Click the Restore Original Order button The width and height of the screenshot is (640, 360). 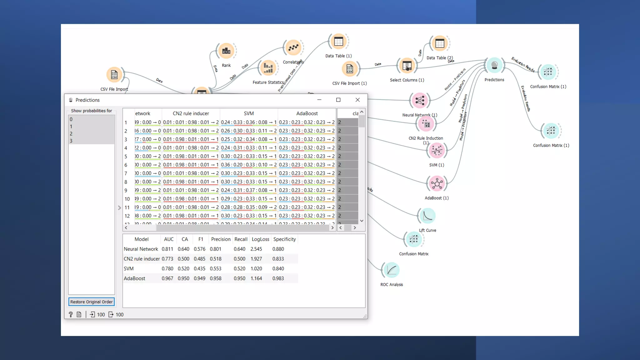[x=91, y=302]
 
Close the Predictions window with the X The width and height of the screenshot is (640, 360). [x=357, y=100]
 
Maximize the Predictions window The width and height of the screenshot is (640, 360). [x=338, y=100]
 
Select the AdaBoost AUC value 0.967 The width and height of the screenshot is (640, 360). [x=167, y=278]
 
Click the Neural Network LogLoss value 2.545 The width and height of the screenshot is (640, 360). [x=256, y=249]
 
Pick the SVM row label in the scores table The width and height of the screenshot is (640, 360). [x=129, y=269]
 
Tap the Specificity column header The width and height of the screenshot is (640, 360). [x=284, y=239]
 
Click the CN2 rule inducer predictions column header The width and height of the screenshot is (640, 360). [x=191, y=113]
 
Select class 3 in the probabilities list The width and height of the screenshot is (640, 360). [x=71, y=141]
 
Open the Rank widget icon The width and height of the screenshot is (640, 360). [x=226, y=51]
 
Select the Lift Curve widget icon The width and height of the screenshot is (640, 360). [x=427, y=216]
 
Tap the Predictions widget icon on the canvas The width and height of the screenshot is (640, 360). [x=494, y=66]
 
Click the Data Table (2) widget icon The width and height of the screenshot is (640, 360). [x=440, y=43]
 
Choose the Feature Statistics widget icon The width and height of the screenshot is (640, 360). [x=268, y=68]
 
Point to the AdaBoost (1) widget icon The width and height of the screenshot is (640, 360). [x=437, y=184]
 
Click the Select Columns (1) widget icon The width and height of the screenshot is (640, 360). [x=407, y=66]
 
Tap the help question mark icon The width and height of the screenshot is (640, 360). [x=71, y=315]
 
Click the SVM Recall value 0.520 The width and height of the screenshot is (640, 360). [x=239, y=269]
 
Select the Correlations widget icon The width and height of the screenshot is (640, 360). [x=293, y=48]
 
